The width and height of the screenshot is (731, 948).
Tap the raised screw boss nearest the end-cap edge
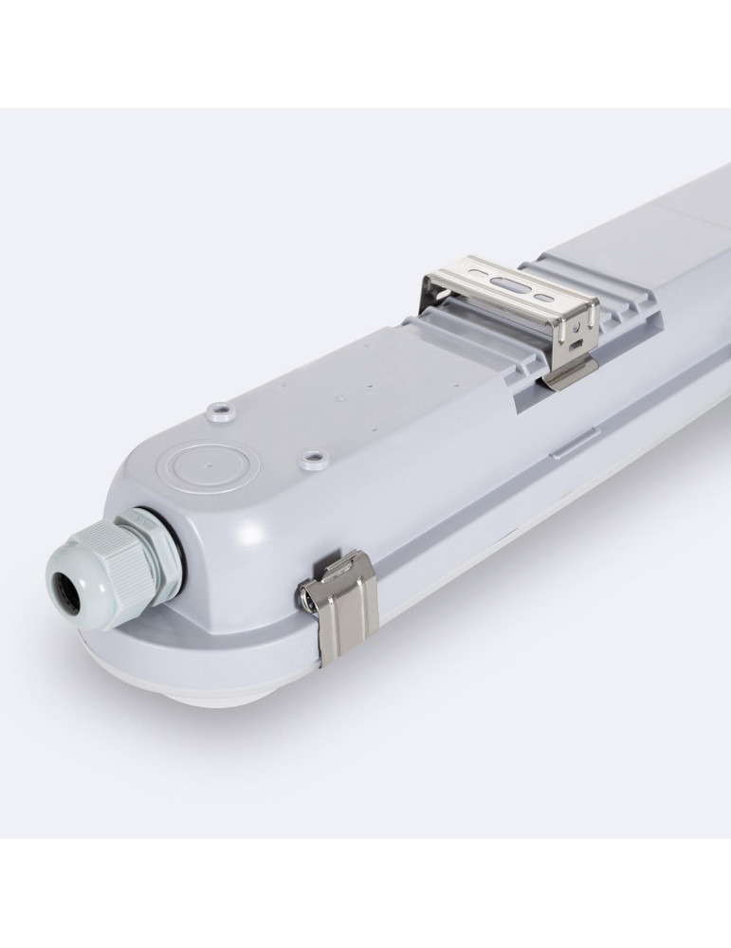pyautogui.click(x=224, y=412)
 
